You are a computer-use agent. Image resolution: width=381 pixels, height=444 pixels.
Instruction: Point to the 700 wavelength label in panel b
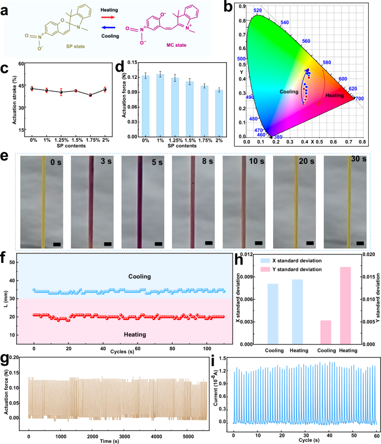359,98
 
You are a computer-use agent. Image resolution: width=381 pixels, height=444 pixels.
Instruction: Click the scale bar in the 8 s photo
209,243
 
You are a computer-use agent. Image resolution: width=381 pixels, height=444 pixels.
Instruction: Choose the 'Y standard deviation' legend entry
289,269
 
